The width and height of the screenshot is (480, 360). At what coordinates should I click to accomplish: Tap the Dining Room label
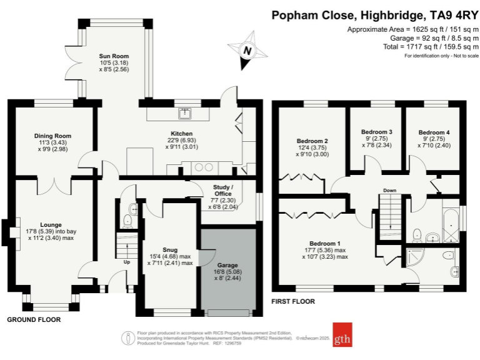click(52, 136)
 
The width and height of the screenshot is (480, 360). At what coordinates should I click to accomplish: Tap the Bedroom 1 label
click(325, 243)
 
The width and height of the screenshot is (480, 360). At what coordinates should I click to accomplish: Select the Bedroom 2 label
click(313, 141)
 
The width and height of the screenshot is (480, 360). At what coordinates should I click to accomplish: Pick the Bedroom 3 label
click(377, 132)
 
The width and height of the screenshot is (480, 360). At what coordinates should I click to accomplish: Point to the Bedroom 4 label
click(434, 132)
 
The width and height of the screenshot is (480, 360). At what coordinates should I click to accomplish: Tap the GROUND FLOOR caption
click(34, 319)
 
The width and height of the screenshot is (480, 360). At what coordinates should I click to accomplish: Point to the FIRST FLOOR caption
click(292, 301)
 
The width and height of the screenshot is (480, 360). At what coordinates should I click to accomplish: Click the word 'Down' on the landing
click(389, 191)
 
